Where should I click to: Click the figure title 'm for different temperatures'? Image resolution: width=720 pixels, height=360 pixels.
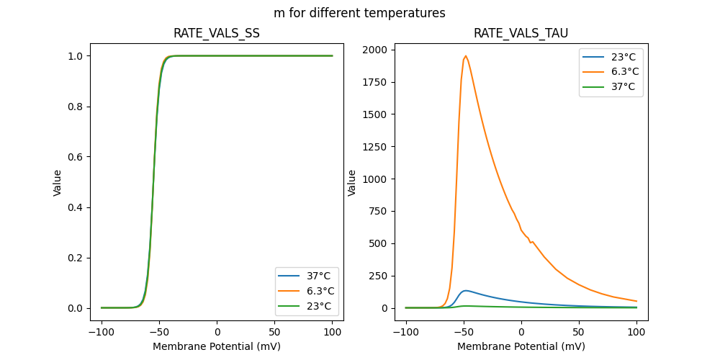359,13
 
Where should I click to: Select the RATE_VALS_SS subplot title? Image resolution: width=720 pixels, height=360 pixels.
217,33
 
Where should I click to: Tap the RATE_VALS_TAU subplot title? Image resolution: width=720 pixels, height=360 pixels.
521,33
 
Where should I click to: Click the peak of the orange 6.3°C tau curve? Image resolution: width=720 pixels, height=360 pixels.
466,56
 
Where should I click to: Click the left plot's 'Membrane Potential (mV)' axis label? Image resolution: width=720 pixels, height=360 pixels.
217,346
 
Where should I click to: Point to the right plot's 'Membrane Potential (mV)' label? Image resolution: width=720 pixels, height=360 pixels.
521,346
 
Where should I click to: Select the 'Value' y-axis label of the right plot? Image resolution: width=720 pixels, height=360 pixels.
352,183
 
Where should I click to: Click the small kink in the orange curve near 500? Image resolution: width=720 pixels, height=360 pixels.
531,242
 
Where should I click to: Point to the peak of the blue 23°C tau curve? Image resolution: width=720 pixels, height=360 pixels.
467,291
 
